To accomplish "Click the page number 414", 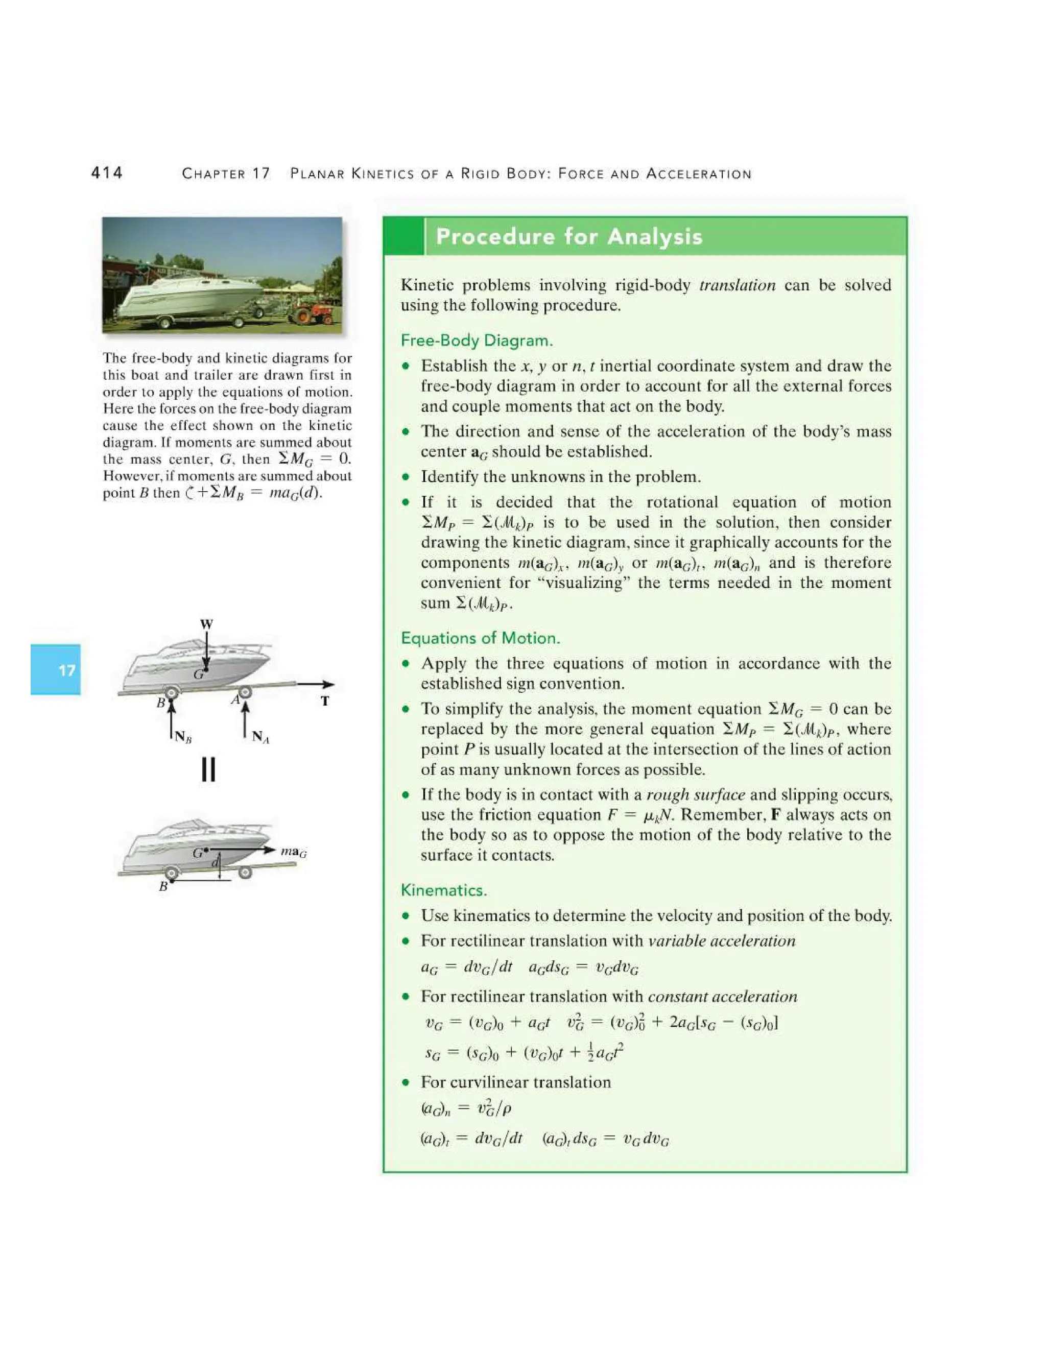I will [x=107, y=173].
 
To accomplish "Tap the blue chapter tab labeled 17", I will [x=56, y=670].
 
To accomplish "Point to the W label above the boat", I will [x=206, y=624].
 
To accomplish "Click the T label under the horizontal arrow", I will [x=325, y=700].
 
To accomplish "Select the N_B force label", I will [x=183, y=737].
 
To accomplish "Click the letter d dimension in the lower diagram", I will [x=215, y=862].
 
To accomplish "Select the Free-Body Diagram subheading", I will [x=477, y=340].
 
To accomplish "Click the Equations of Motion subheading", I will [x=480, y=638].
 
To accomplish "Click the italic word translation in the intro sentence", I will [x=737, y=285].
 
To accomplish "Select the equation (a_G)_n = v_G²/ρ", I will [x=465, y=1108].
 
